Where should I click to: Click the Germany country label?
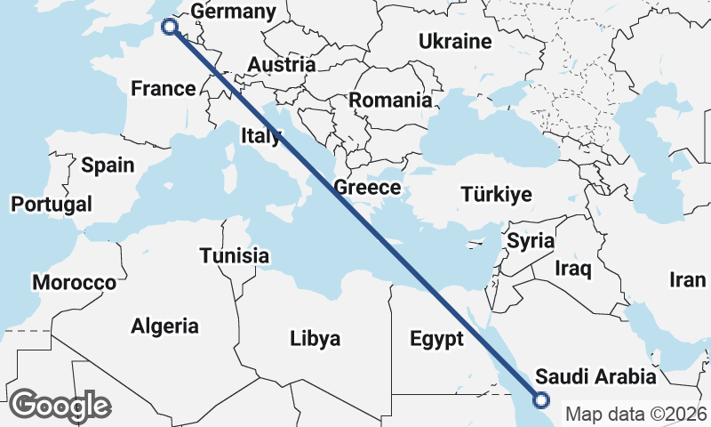click(234, 12)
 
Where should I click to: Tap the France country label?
click(163, 88)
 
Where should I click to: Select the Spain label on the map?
click(108, 165)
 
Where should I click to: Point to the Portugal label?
click(52, 204)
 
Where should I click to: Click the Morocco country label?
click(75, 283)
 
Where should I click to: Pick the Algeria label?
click(165, 326)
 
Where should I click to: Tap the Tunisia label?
click(234, 256)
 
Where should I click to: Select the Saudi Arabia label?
click(596, 376)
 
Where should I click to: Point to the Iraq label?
click(573, 268)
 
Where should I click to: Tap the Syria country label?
click(531, 241)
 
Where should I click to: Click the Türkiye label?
click(496, 194)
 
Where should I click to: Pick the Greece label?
click(367, 188)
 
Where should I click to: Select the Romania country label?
click(390, 100)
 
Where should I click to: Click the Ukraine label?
click(455, 42)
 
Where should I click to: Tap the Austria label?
click(281, 64)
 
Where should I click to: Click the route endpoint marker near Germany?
click(169, 28)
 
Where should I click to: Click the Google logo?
click(60, 406)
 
